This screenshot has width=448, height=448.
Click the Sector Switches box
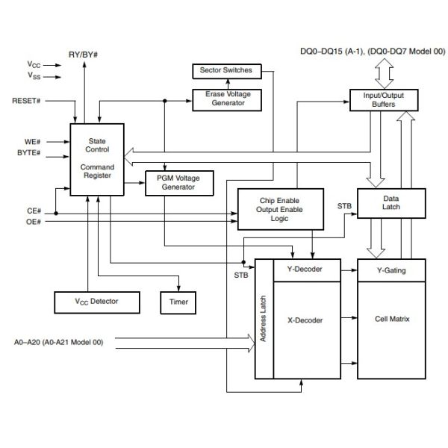[x=226, y=71]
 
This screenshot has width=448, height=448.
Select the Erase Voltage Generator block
[x=226, y=99]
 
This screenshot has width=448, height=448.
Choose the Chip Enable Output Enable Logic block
[x=280, y=208]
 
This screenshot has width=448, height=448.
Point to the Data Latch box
[x=391, y=203]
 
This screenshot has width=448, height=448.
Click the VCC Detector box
[x=97, y=302]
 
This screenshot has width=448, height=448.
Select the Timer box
[x=178, y=302]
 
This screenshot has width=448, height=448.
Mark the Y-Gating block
[x=391, y=270]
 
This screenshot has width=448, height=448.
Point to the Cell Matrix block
[x=391, y=320]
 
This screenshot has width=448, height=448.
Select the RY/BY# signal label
[x=84, y=55]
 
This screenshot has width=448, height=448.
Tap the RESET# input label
[x=27, y=99]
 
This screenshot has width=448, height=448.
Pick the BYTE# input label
[x=28, y=154]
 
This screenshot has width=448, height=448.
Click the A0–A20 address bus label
[x=58, y=343]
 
